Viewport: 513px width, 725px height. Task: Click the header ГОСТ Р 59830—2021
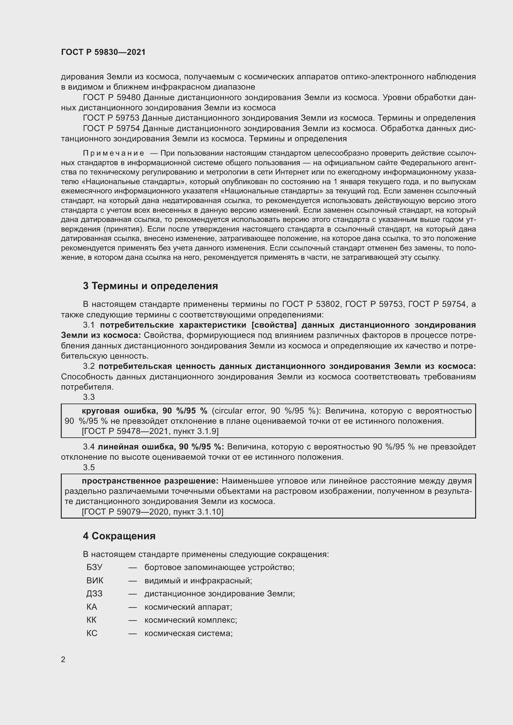click(103, 52)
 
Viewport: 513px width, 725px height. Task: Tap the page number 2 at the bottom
click(63, 659)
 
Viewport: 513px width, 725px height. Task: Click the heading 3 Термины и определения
click(150, 286)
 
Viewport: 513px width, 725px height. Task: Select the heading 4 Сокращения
click(119, 536)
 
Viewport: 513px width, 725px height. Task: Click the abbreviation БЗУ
click(95, 567)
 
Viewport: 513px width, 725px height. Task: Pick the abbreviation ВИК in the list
click(95, 580)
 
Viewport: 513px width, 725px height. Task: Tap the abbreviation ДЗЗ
click(95, 594)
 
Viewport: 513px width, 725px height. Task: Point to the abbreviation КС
click(92, 634)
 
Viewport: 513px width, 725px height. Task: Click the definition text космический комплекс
click(190, 620)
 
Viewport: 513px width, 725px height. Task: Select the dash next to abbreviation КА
click(133, 607)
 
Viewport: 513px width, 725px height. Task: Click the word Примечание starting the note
click(114, 153)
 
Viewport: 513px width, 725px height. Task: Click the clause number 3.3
click(89, 397)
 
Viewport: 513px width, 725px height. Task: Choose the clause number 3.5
click(89, 467)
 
